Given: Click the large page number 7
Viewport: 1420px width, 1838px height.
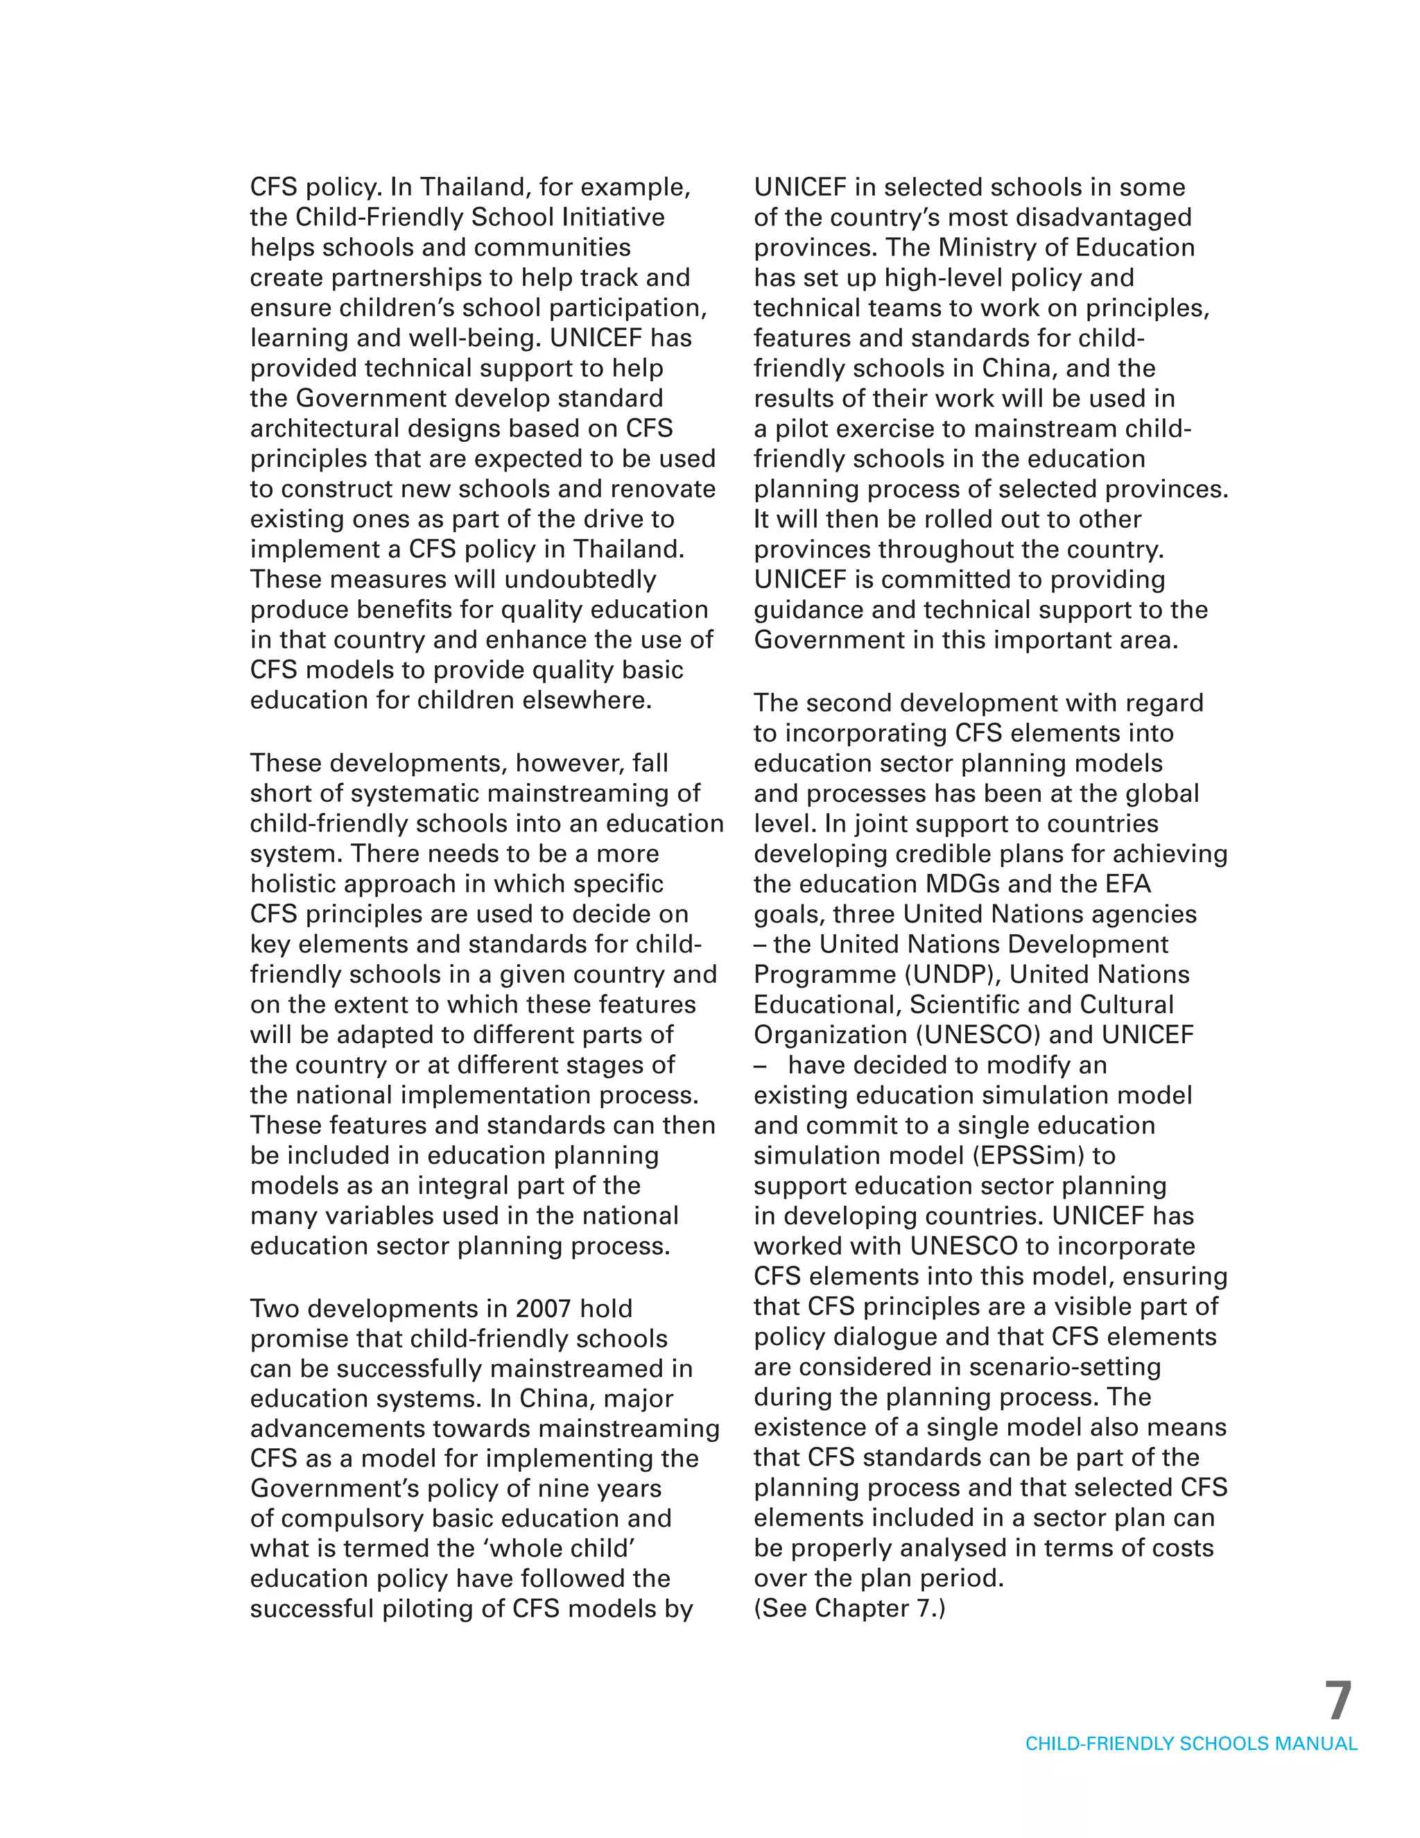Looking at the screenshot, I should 1338,1701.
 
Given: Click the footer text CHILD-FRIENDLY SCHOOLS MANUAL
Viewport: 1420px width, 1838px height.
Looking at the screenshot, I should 1190,1744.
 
